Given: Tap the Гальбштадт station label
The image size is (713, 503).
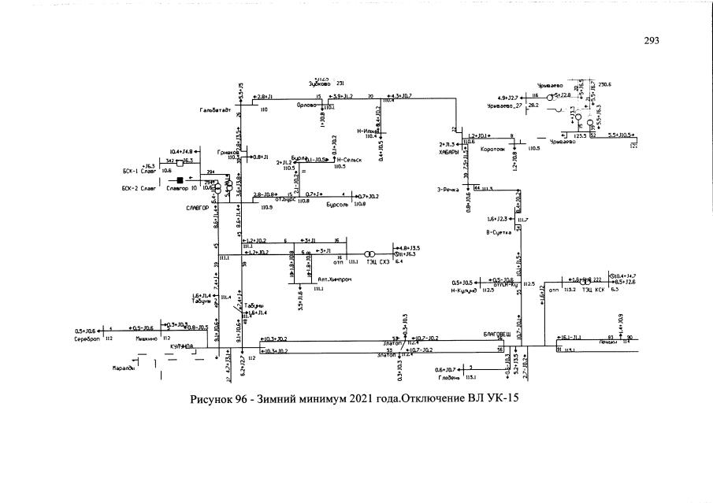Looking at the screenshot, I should pyautogui.click(x=215, y=111).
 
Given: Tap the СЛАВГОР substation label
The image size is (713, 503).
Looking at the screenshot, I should pyautogui.click(x=197, y=209).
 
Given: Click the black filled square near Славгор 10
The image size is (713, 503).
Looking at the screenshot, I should pyautogui.click(x=180, y=180).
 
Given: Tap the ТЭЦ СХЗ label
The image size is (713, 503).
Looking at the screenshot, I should pyautogui.click(x=380, y=261).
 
